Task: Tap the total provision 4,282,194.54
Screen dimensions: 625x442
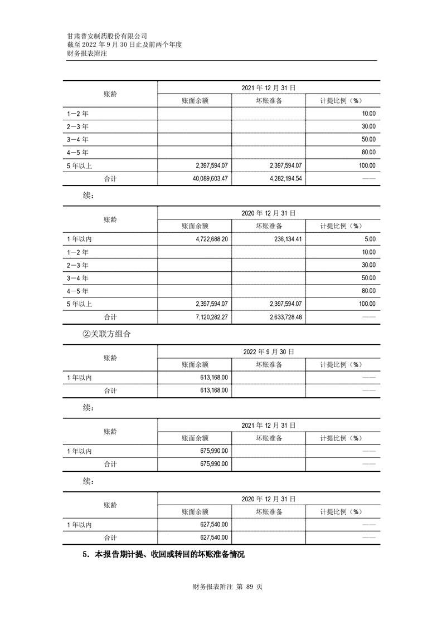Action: pyautogui.click(x=279, y=178)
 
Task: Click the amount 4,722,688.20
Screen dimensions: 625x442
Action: pyautogui.click(x=208, y=238)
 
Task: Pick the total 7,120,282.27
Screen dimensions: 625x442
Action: pyautogui.click(x=208, y=316)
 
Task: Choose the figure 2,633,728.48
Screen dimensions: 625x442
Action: pyautogui.click(x=279, y=316)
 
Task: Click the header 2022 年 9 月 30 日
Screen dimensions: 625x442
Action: pyautogui.click(x=268, y=351)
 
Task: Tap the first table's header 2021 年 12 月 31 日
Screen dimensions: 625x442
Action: pyautogui.click(x=268, y=87)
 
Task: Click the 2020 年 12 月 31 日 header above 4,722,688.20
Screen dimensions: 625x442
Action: pyautogui.click(x=268, y=213)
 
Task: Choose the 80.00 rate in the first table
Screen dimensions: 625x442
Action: pyautogui.click(x=369, y=152)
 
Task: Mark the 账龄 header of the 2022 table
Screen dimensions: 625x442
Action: pyautogui.click(x=110, y=358)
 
